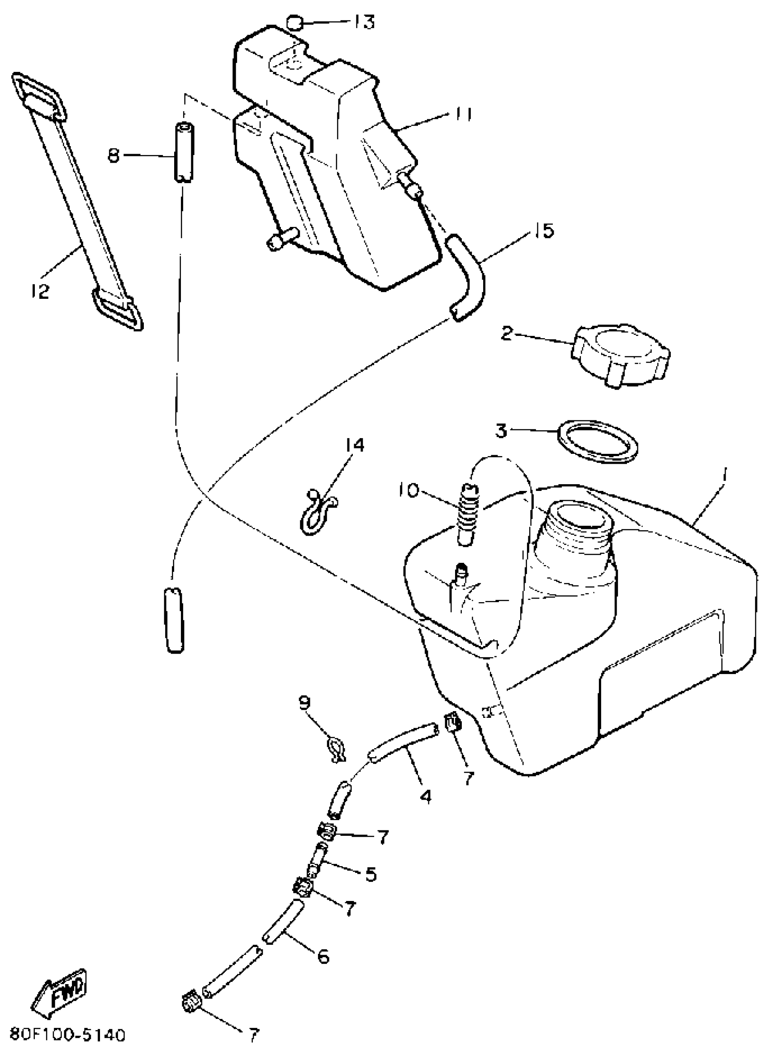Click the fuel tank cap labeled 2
(621, 355)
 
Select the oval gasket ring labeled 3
(598, 441)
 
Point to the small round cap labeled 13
(294, 22)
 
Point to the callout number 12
(41, 292)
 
